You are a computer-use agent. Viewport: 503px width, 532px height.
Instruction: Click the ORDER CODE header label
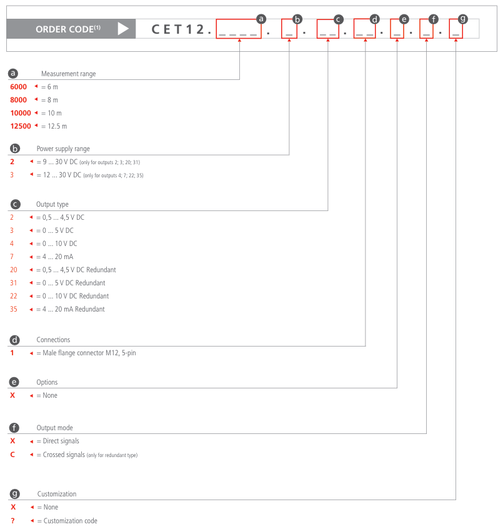pyautogui.click(x=68, y=29)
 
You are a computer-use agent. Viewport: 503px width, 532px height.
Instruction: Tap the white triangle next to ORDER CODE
pyautogui.click(x=123, y=29)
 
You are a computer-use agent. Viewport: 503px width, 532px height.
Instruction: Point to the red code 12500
pyautogui.click(x=21, y=126)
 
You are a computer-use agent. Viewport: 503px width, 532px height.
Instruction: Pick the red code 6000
pyautogui.click(x=18, y=87)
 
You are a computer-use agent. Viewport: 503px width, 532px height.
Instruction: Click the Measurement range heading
pyautogui.click(x=69, y=74)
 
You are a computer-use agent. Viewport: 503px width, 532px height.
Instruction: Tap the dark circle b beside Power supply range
pyautogui.click(x=14, y=149)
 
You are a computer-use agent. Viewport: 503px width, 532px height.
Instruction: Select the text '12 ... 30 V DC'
pyautogui.click(x=62, y=175)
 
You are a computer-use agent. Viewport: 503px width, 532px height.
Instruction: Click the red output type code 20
pyautogui.click(x=14, y=270)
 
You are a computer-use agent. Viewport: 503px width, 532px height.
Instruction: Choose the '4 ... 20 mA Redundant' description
pyautogui.click(x=74, y=309)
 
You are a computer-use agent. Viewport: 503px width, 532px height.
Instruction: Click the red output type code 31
pyautogui.click(x=14, y=283)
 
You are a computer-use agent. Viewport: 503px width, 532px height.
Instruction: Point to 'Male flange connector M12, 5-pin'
pyautogui.click(x=89, y=353)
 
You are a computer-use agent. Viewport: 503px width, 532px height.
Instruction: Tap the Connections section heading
pyautogui.click(x=53, y=340)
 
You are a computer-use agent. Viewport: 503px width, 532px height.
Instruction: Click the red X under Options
pyautogui.click(x=12, y=395)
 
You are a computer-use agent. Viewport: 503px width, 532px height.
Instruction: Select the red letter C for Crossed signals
pyautogui.click(x=12, y=455)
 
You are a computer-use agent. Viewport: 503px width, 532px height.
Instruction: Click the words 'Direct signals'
pyautogui.click(x=61, y=441)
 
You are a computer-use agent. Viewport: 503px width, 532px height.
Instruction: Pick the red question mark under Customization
pyautogui.click(x=12, y=521)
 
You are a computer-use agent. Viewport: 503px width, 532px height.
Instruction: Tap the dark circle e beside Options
pyautogui.click(x=14, y=382)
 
